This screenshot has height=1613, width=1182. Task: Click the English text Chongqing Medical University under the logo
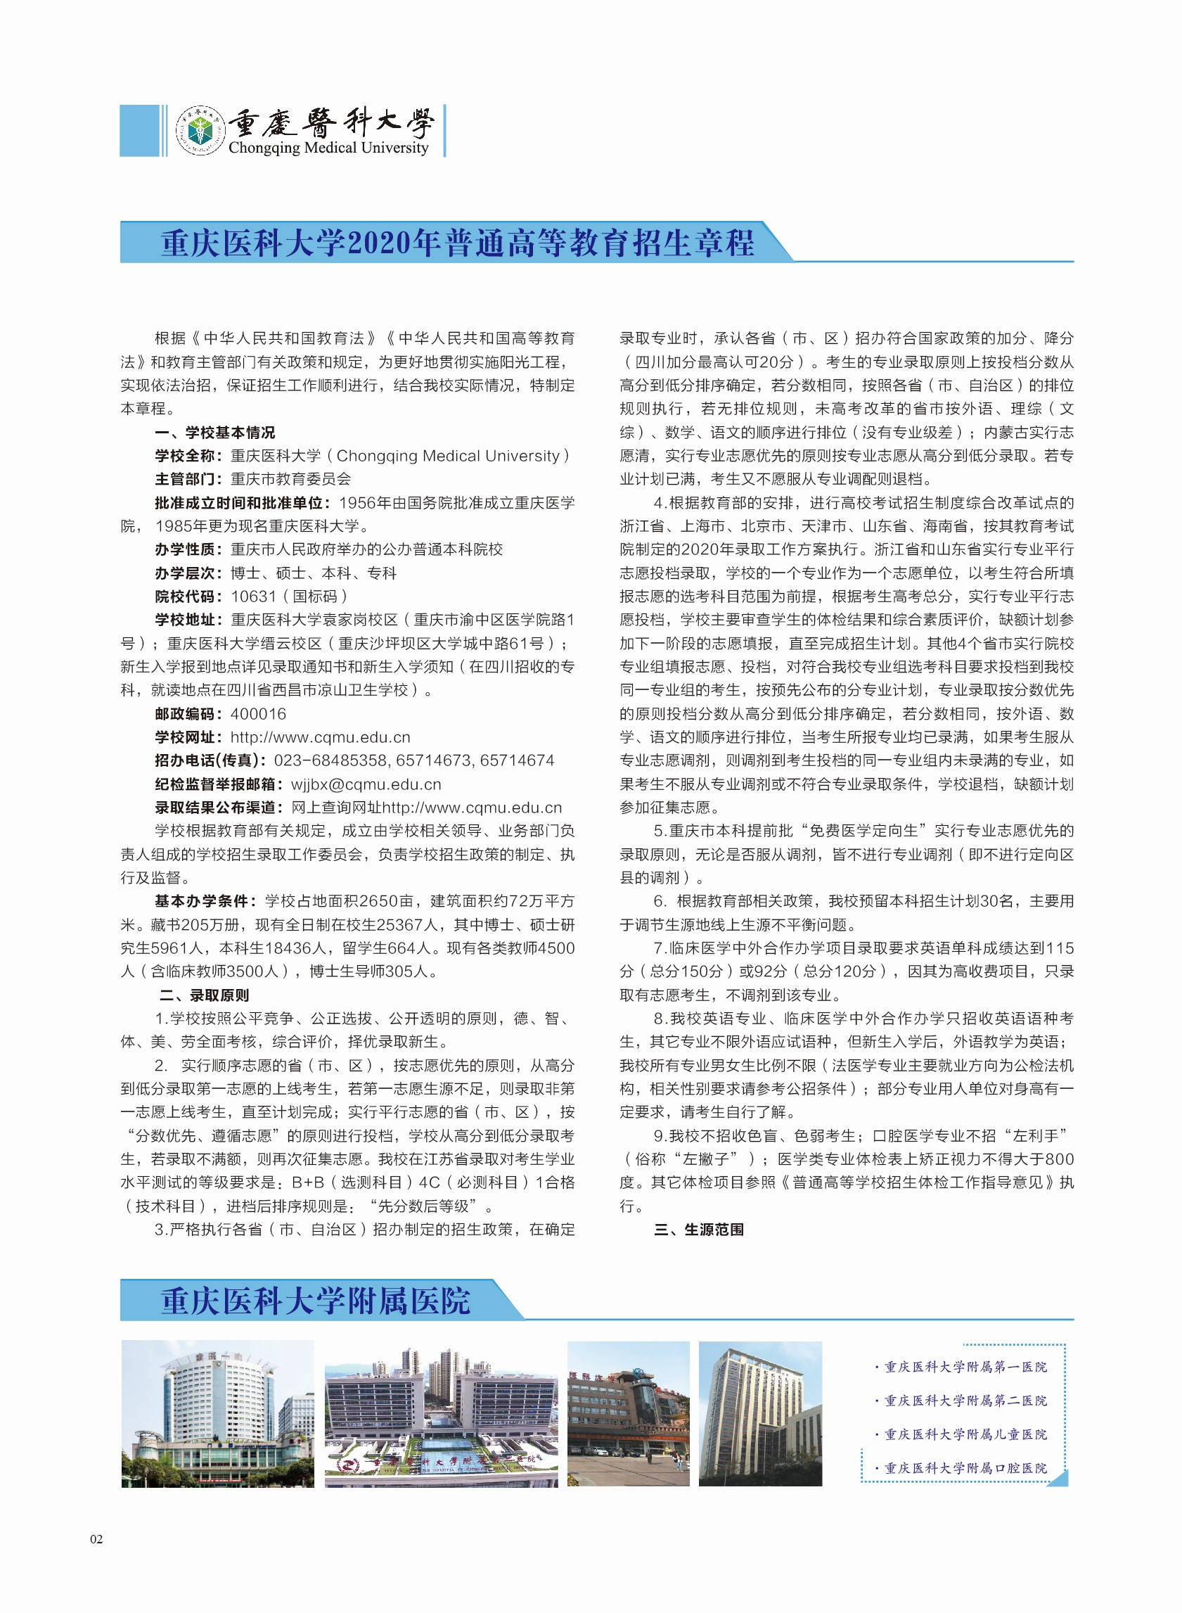click(x=328, y=148)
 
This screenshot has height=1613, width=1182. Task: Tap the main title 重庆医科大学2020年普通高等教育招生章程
click(x=457, y=243)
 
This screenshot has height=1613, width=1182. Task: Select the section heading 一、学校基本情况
click(x=214, y=432)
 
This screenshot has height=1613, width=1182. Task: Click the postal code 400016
click(x=258, y=713)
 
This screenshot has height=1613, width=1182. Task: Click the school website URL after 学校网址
click(x=321, y=737)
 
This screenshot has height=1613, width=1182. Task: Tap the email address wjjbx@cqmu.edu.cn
click(x=366, y=784)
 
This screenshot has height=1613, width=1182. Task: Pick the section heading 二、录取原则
click(x=204, y=995)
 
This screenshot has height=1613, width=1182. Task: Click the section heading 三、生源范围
click(x=699, y=1230)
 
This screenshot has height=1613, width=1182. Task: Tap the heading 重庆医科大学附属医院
click(x=316, y=1300)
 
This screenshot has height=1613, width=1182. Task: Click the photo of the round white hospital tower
click(x=217, y=1414)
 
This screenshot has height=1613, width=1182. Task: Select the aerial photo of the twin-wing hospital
click(x=441, y=1414)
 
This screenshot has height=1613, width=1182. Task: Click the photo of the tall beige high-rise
click(x=760, y=1414)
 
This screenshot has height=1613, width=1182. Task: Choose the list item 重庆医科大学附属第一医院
click(x=965, y=1367)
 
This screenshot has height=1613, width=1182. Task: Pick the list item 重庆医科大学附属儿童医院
click(x=965, y=1434)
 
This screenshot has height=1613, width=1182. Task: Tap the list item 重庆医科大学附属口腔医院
click(x=965, y=1467)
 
